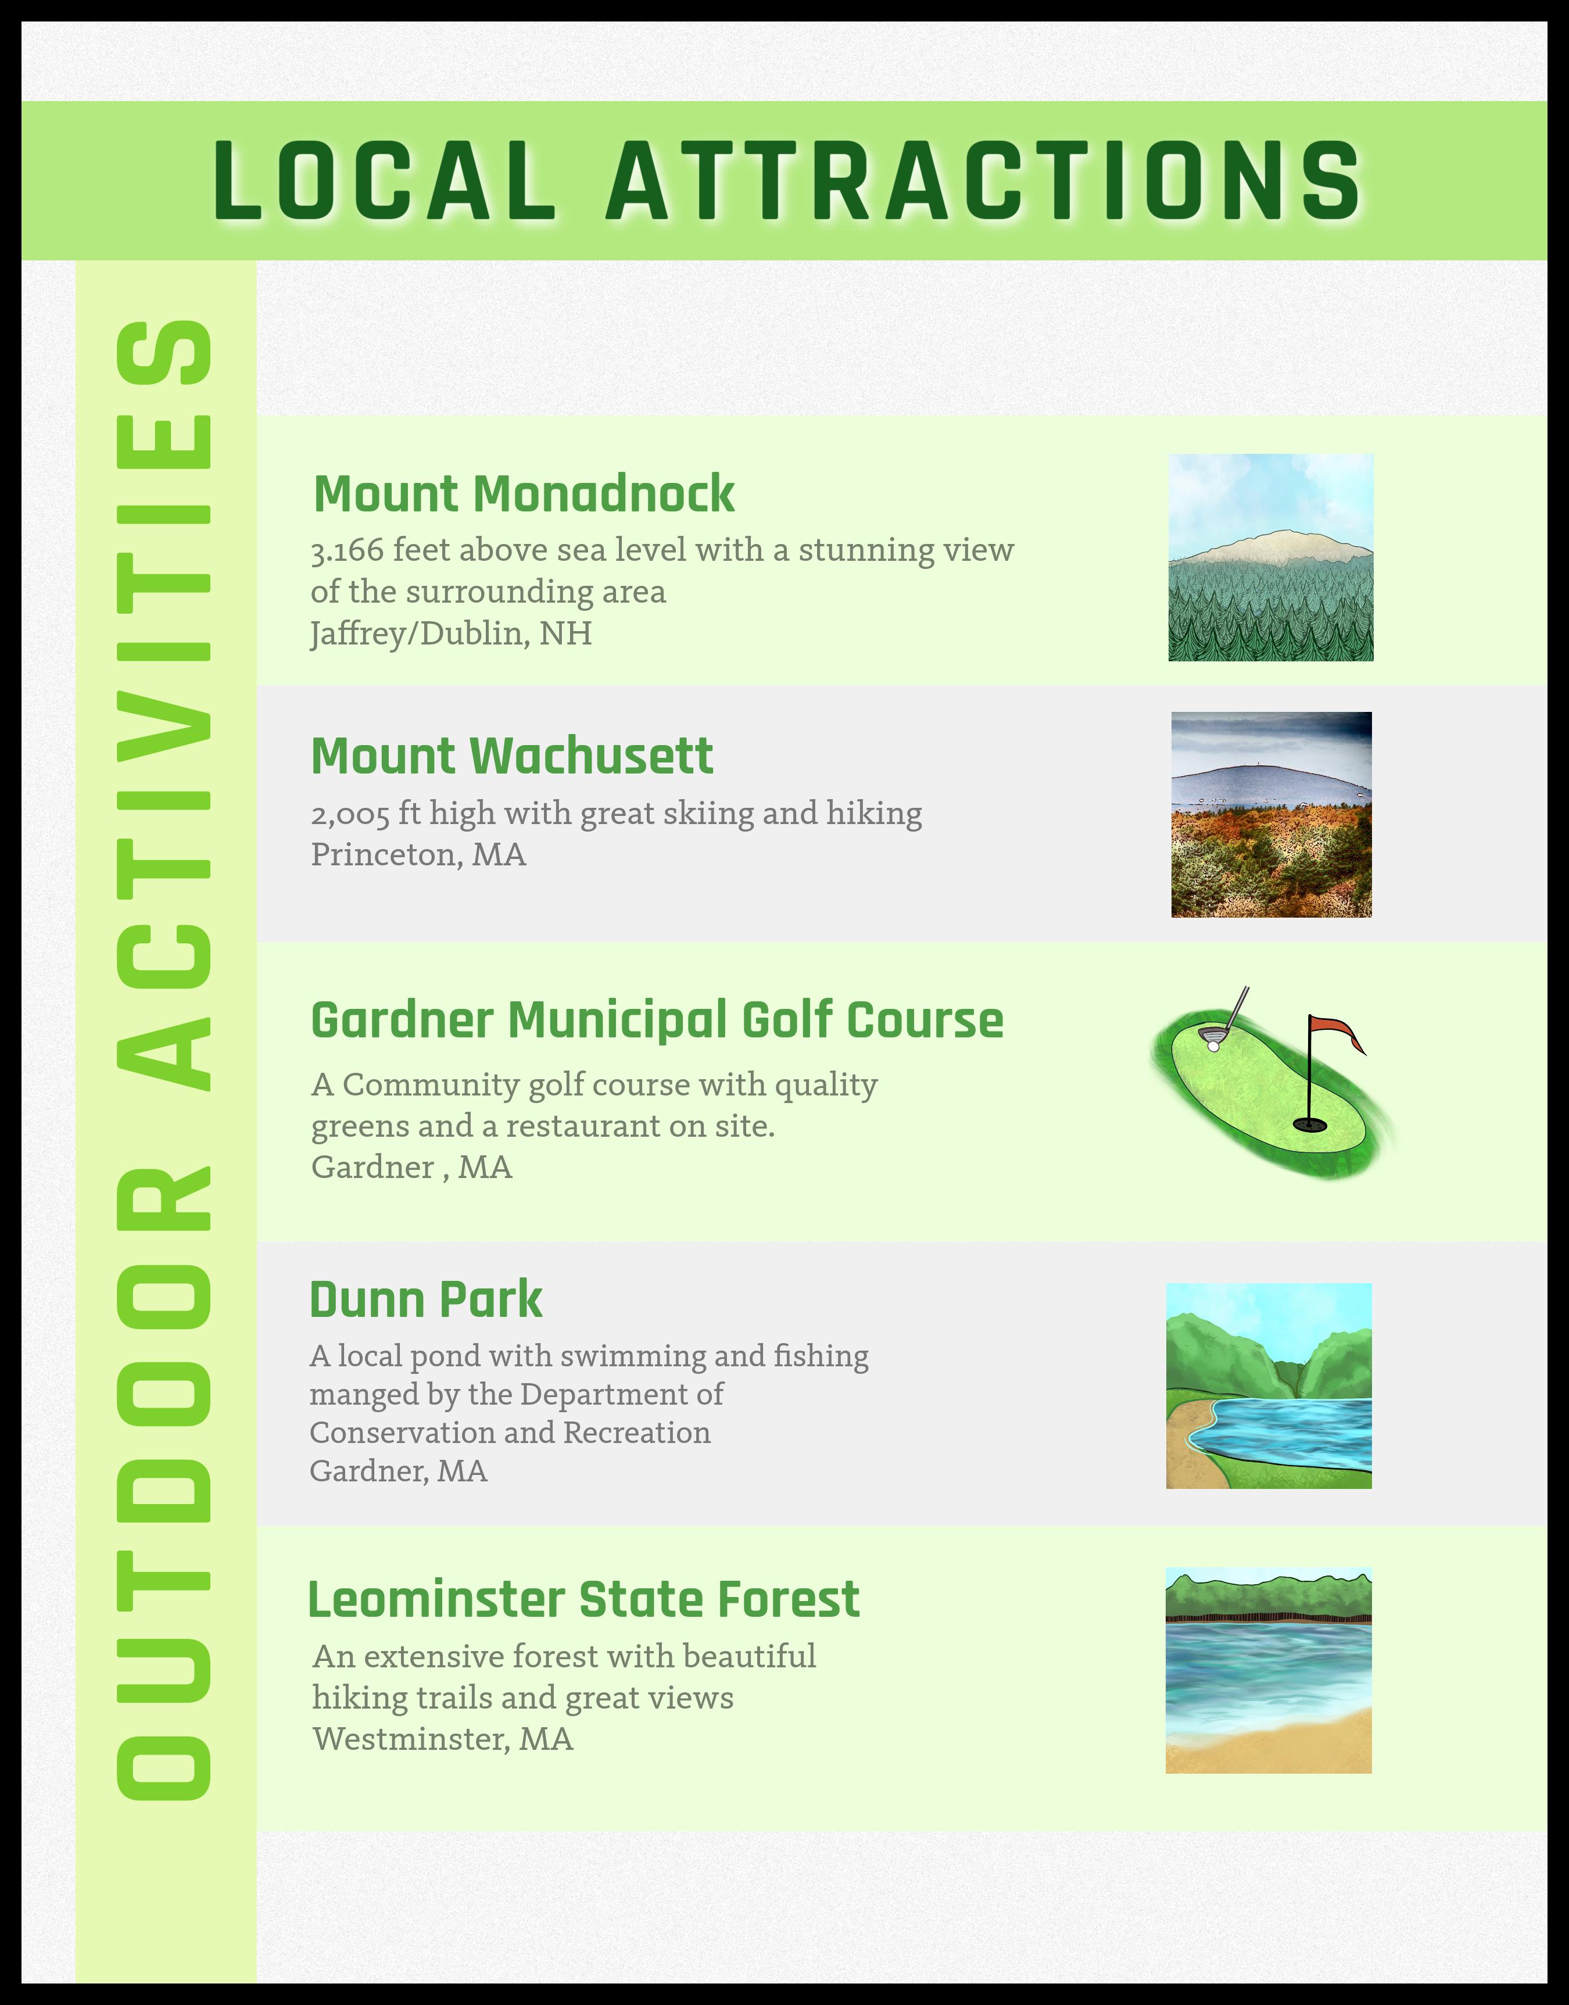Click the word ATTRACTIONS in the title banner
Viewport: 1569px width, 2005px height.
point(983,181)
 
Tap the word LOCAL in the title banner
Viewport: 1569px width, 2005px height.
point(384,181)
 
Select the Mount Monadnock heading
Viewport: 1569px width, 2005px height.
point(524,493)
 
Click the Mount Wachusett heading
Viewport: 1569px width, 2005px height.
point(512,756)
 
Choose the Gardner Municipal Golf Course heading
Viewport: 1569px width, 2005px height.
point(657,1019)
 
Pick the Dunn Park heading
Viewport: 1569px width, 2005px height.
point(425,1299)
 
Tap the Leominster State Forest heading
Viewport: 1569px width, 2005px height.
point(583,1599)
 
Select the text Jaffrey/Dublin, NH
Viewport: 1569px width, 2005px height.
point(451,633)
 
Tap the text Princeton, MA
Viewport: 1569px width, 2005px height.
point(418,855)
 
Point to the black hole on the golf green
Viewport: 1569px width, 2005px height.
point(1309,1124)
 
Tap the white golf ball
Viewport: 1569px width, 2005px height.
point(1213,1045)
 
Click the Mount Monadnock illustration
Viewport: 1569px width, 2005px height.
point(1270,557)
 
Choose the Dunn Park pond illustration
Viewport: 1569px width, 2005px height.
point(1269,1385)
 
